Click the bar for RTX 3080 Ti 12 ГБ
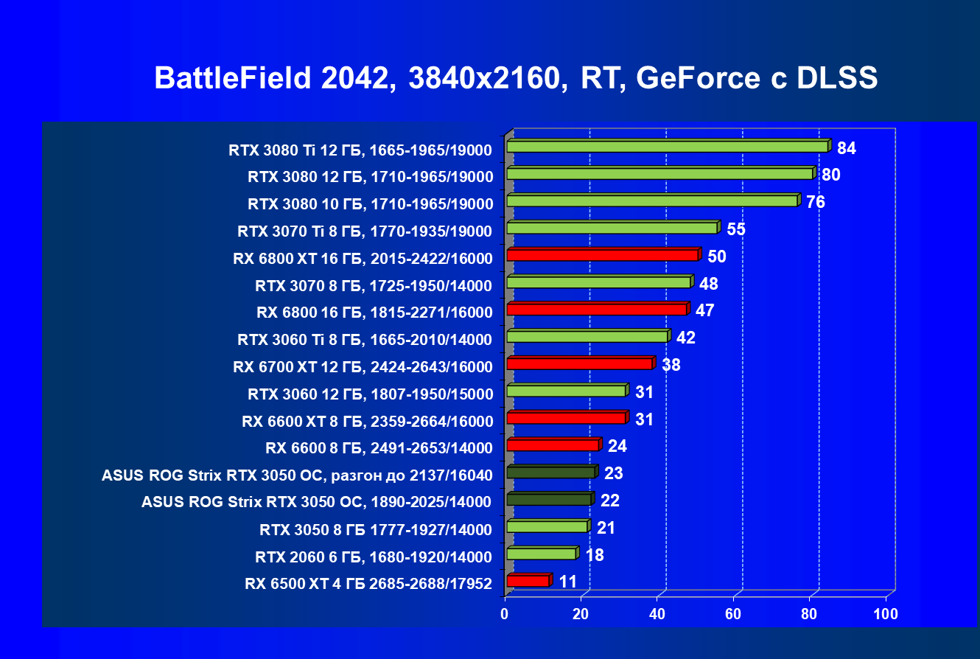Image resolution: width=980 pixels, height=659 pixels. tap(667, 147)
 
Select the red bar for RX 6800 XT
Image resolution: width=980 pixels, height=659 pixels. tap(602, 255)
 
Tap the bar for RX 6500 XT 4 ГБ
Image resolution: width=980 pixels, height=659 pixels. tap(528, 581)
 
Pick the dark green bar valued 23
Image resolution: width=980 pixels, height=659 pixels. tap(550, 473)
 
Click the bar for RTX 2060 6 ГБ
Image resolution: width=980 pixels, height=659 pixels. tap(541, 554)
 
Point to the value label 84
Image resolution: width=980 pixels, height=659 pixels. tap(846, 149)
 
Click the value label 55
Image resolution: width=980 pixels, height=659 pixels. tap(736, 229)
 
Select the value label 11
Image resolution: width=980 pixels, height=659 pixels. tap(567, 582)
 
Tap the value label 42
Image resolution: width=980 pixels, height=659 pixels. tap(686, 338)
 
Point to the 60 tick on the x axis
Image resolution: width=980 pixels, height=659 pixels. tap(734, 614)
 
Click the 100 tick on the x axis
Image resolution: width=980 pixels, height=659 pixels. tap(886, 614)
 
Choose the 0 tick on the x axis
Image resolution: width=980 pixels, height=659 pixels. tap(505, 614)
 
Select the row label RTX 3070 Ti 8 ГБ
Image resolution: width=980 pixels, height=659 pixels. tap(364, 231)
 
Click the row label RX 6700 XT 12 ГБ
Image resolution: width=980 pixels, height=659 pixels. tap(362, 366)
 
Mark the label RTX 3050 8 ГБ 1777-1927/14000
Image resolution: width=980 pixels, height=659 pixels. tap(375, 529)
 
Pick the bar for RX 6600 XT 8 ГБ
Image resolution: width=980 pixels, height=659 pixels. tap(566, 418)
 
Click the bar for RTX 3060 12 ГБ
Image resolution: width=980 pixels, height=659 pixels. tap(566, 391)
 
